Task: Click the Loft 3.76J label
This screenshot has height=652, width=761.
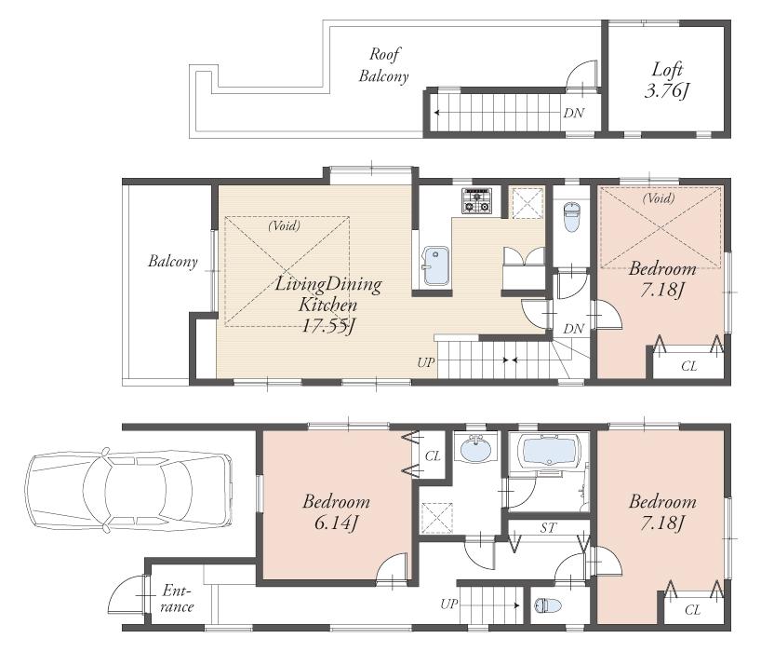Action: click(665, 79)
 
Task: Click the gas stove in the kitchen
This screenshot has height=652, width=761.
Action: click(476, 200)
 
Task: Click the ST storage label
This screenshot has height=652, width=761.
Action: click(549, 528)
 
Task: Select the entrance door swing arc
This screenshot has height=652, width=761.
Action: click(123, 593)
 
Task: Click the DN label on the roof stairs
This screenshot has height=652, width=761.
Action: click(574, 114)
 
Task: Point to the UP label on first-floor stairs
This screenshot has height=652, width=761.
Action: click(450, 604)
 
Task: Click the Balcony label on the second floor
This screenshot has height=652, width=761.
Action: click(173, 262)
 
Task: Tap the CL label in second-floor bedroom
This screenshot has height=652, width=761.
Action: click(688, 366)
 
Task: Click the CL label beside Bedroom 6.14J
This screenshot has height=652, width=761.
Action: click(433, 456)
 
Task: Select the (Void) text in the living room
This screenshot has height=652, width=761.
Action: click(283, 225)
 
